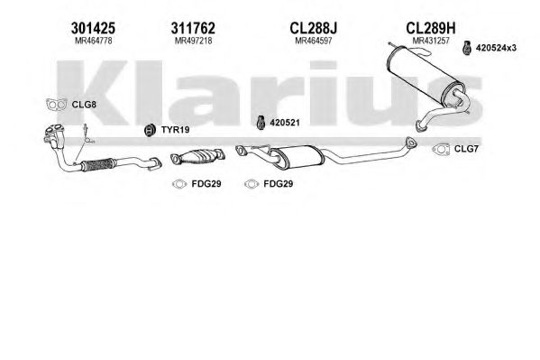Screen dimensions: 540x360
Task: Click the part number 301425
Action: click(x=93, y=28)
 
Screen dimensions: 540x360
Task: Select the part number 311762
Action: click(x=193, y=28)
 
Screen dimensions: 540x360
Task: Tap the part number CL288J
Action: click(x=314, y=28)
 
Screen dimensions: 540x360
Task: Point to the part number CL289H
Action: click(x=431, y=28)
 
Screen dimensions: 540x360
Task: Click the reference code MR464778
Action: click(x=94, y=41)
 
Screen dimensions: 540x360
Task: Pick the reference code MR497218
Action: click(x=193, y=41)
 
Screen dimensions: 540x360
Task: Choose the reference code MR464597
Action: click(x=314, y=41)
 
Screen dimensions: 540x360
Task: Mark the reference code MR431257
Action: click(x=431, y=41)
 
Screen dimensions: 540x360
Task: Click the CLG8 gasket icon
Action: click(x=57, y=104)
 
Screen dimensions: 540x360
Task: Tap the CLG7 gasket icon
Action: click(x=441, y=149)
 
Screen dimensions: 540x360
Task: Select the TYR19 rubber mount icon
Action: click(x=150, y=130)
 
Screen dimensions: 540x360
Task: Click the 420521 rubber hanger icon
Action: click(x=261, y=123)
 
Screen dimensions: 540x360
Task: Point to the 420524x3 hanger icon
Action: click(x=467, y=48)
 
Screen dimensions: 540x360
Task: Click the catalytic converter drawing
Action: click(x=197, y=157)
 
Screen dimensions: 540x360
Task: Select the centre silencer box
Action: click(x=297, y=157)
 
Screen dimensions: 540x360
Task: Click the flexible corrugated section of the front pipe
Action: click(x=97, y=165)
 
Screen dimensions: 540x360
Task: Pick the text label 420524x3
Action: click(x=496, y=48)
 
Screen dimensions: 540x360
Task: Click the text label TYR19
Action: click(x=175, y=130)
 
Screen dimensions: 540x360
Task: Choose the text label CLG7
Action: click(x=466, y=149)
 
